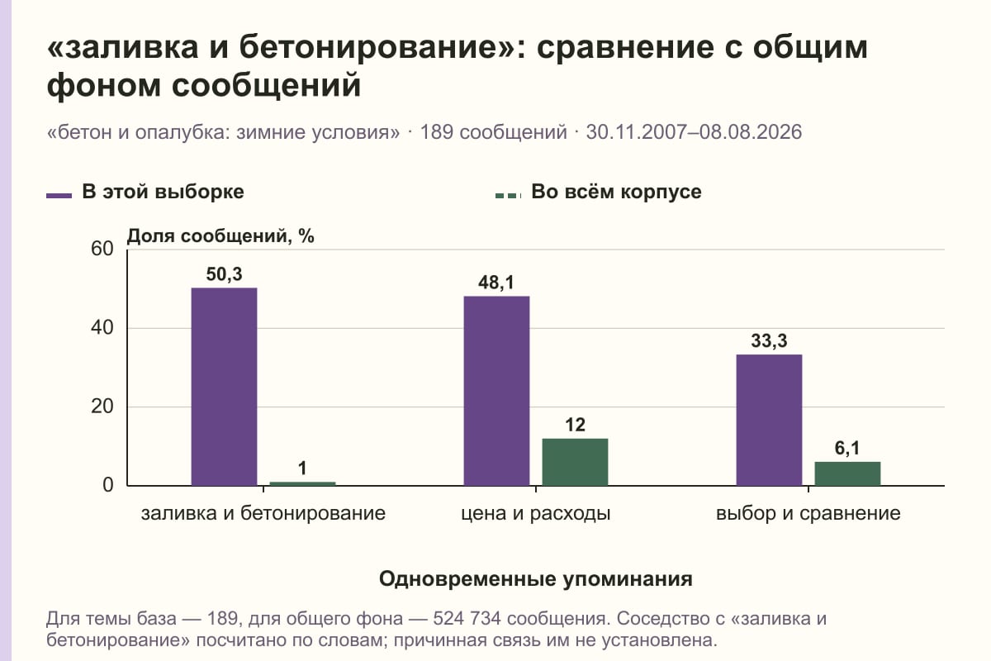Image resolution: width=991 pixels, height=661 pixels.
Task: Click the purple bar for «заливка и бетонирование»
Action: click(x=224, y=387)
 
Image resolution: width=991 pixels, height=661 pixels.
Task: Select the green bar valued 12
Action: click(x=575, y=462)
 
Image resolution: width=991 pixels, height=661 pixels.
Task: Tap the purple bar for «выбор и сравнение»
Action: click(x=769, y=421)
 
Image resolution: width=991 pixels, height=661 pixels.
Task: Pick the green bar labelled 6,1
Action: click(x=847, y=473)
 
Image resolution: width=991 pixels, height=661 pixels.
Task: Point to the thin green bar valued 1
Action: click(x=302, y=483)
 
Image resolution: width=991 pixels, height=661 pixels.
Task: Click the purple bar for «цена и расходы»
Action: click(x=496, y=391)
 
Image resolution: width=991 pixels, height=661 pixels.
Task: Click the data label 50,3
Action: click(x=225, y=274)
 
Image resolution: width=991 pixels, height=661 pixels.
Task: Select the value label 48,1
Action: click(x=496, y=283)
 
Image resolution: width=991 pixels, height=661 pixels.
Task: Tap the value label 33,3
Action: click(x=770, y=341)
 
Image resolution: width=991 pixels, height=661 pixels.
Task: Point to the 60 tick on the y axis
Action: click(x=102, y=249)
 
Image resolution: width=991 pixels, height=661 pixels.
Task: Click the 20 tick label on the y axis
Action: click(x=102, y=407)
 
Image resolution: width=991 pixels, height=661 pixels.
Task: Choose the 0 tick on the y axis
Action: click(x=108, y=485)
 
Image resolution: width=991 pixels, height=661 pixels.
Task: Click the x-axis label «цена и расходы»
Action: click(x=536, y=514)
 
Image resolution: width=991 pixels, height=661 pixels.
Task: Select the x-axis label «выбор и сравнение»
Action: click(x=808, y=514)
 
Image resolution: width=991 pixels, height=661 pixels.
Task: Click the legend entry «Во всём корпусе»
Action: click(x=599, y=193)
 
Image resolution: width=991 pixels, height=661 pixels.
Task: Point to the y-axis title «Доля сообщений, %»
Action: click(x=220, y=236)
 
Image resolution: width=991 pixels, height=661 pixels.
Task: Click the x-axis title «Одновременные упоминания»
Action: click(x=536, y=579)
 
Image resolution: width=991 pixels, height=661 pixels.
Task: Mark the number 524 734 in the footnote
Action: click(x=467, y=619)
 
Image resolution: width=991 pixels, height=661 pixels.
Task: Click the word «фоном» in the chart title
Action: click(x=103, y=85)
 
